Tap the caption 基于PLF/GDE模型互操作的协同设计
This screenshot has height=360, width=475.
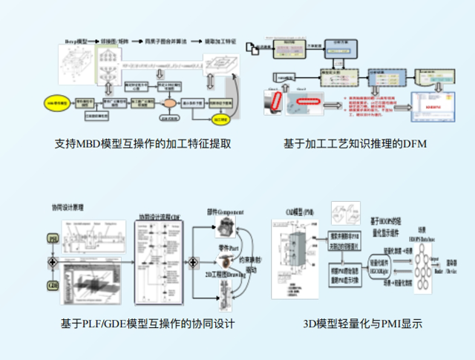tap(148, 324)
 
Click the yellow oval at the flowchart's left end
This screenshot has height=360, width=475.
tap(57, 100)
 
